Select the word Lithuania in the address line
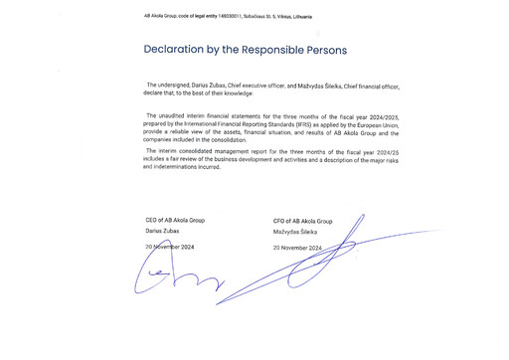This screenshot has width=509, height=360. click(x=324, y=17)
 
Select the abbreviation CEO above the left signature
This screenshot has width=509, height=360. click(x=152, y=220)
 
